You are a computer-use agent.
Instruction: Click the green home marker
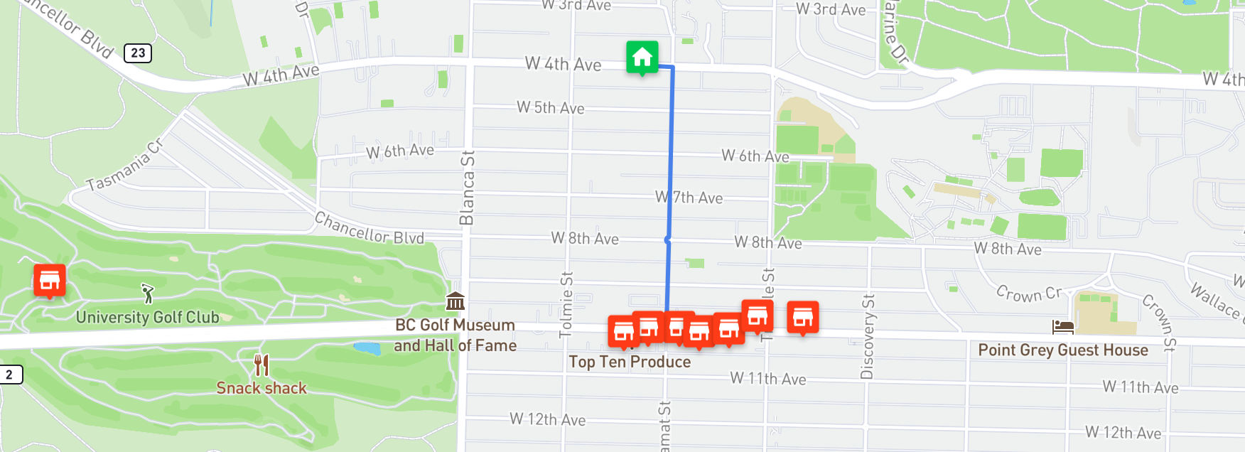coord(642,57)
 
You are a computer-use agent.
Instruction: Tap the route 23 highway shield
coord(138,53)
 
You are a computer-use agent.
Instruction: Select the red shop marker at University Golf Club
coord(50,280)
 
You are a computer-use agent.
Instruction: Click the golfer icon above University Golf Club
coord(147,293)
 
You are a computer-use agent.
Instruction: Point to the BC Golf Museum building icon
coord(456,301)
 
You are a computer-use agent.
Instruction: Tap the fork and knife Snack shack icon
coord(262,365)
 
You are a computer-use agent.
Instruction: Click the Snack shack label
coord(262,388)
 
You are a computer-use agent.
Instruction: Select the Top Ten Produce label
coord(630,362)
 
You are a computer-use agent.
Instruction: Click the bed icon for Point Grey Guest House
coord(1063,327)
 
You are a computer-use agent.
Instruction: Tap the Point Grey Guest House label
coord(1063,350)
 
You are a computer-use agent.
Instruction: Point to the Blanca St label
coord(467,188)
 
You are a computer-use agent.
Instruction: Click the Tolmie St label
coord(566,304)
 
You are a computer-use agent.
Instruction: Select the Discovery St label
coord(868,335)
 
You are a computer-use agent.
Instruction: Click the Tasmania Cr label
coord(125,165)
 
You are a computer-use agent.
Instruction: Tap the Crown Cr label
coord(1029,293)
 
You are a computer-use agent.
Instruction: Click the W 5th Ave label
coord(551,108)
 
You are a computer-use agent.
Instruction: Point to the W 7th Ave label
coord(689,197)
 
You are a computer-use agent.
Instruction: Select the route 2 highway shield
coord(9,375)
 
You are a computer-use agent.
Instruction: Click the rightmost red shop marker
coord(803,317)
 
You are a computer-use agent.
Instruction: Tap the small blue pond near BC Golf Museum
coord(367,348)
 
